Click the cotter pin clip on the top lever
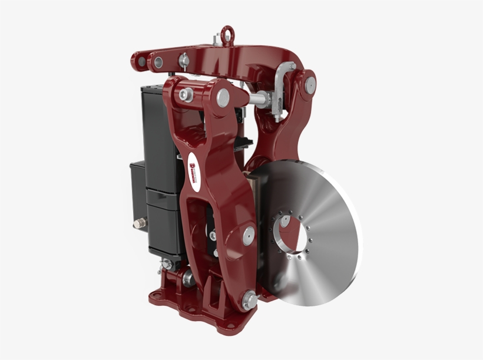(184, 58)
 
